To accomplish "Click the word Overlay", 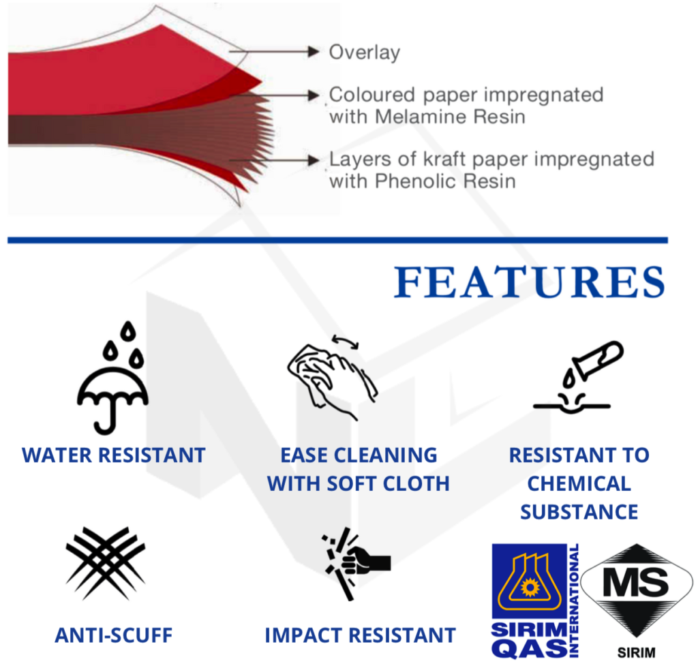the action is pos(364,52).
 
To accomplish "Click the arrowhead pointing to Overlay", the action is pos(314,52).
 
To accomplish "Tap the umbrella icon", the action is pos(112,378).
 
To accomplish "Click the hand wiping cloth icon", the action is pos(333,378).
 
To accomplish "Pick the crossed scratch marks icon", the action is pos(106,563).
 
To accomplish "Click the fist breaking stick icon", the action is pos(356,564).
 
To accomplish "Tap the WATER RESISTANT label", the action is pos(114,455).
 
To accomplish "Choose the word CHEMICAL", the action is pos(579,484).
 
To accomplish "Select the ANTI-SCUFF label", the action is pos(114,635).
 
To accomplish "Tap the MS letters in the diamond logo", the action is pos(636,583).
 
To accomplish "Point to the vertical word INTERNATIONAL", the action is pos(574,600).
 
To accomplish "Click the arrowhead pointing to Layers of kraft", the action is pos(314,160).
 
